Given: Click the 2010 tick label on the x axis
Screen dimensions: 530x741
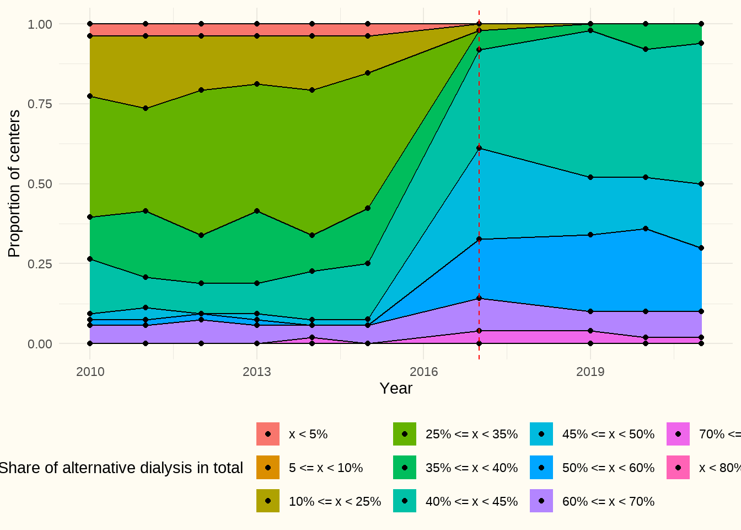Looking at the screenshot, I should pyautogui.click(x=90, y=372).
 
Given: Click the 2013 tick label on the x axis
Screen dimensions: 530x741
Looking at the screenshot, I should pyautogui.click(x=257, y=372).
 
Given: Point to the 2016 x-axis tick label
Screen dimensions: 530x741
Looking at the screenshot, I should pyautogui.click(x=423, y=372).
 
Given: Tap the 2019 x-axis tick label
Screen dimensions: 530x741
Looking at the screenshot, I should pyautogui.click(x=590, y=372).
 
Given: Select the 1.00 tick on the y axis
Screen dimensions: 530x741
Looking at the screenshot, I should pyautogui.click(x=40, y=24).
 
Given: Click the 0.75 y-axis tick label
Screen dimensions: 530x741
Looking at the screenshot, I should pyautogui.click(x=40, y=104).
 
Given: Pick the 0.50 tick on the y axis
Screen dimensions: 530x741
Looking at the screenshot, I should pyautogui.click(x=40, y=184).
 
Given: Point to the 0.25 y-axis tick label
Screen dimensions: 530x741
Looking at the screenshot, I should pyautogui.click(x=40, y=264).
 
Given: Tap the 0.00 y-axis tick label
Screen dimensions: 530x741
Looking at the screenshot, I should pyautogui.click(x=40, y=344).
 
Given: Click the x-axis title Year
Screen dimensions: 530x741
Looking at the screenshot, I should pyautogui.click(x=396, y=389).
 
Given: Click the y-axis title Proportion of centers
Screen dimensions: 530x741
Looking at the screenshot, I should pyautogui.click(x=14, y=184).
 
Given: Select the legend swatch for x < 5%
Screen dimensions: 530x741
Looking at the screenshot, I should pyautogui.click(x=268, y=434).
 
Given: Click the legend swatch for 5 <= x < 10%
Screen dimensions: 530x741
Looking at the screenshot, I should pyautogui.click(x=268, y=468).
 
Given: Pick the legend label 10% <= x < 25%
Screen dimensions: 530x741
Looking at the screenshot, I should pyautogui.click(x=335, y=502).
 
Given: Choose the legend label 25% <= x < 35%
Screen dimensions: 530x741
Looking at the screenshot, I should pyautogui.click(x=471, y=434).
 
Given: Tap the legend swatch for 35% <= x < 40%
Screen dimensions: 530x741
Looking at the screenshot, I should pyautogui.click(x=405, y=468).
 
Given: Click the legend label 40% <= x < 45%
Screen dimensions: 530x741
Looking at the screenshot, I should pyautogui.click(x=471, y=502).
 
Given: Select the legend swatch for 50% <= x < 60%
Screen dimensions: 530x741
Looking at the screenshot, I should pyautogui.click(x=541, y=468).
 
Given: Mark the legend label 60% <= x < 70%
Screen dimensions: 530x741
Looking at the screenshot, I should pyautogui.click(x=608, y=502).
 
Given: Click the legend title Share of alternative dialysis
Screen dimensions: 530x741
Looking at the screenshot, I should pyautogui.click(x=121, y=468).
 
